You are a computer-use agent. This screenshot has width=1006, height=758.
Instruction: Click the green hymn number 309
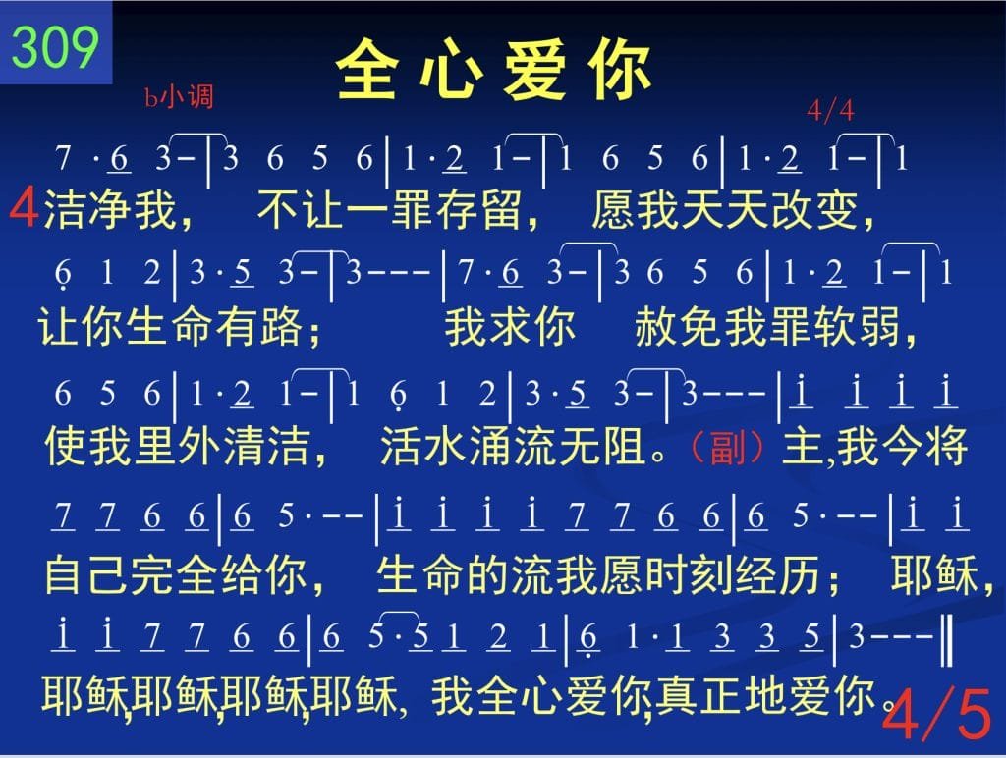tap(55, 47)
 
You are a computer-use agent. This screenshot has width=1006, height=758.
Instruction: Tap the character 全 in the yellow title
tap(366, 70)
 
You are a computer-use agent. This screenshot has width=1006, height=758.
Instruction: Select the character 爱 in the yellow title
tap(534, 70)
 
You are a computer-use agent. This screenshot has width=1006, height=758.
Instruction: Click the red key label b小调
tap(179, 97)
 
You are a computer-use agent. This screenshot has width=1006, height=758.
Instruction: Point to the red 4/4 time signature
tap(830, 110)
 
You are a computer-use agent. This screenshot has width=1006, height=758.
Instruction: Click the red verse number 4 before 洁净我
tap(24, 206)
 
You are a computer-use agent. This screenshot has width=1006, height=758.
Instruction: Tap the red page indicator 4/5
tap(936, 713)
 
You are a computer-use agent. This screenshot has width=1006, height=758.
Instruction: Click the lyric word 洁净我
tap(110, 209)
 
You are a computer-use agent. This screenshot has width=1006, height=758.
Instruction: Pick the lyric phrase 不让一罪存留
tap(389, 209)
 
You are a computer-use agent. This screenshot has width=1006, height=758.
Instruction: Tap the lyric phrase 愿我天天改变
tap(724, 209)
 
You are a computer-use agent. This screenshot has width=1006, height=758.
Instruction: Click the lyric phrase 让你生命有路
tap(170, 326)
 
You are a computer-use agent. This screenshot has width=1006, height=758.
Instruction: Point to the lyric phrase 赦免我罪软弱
tap(767, 326)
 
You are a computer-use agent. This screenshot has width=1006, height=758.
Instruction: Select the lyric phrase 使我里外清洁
tap(178, 447)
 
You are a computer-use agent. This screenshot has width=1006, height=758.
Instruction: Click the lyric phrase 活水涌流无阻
tap(513, 447)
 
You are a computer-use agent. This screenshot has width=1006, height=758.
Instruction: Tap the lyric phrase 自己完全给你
tap(176, 574)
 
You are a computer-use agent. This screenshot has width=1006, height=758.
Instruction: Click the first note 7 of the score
tap(62, 157)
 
